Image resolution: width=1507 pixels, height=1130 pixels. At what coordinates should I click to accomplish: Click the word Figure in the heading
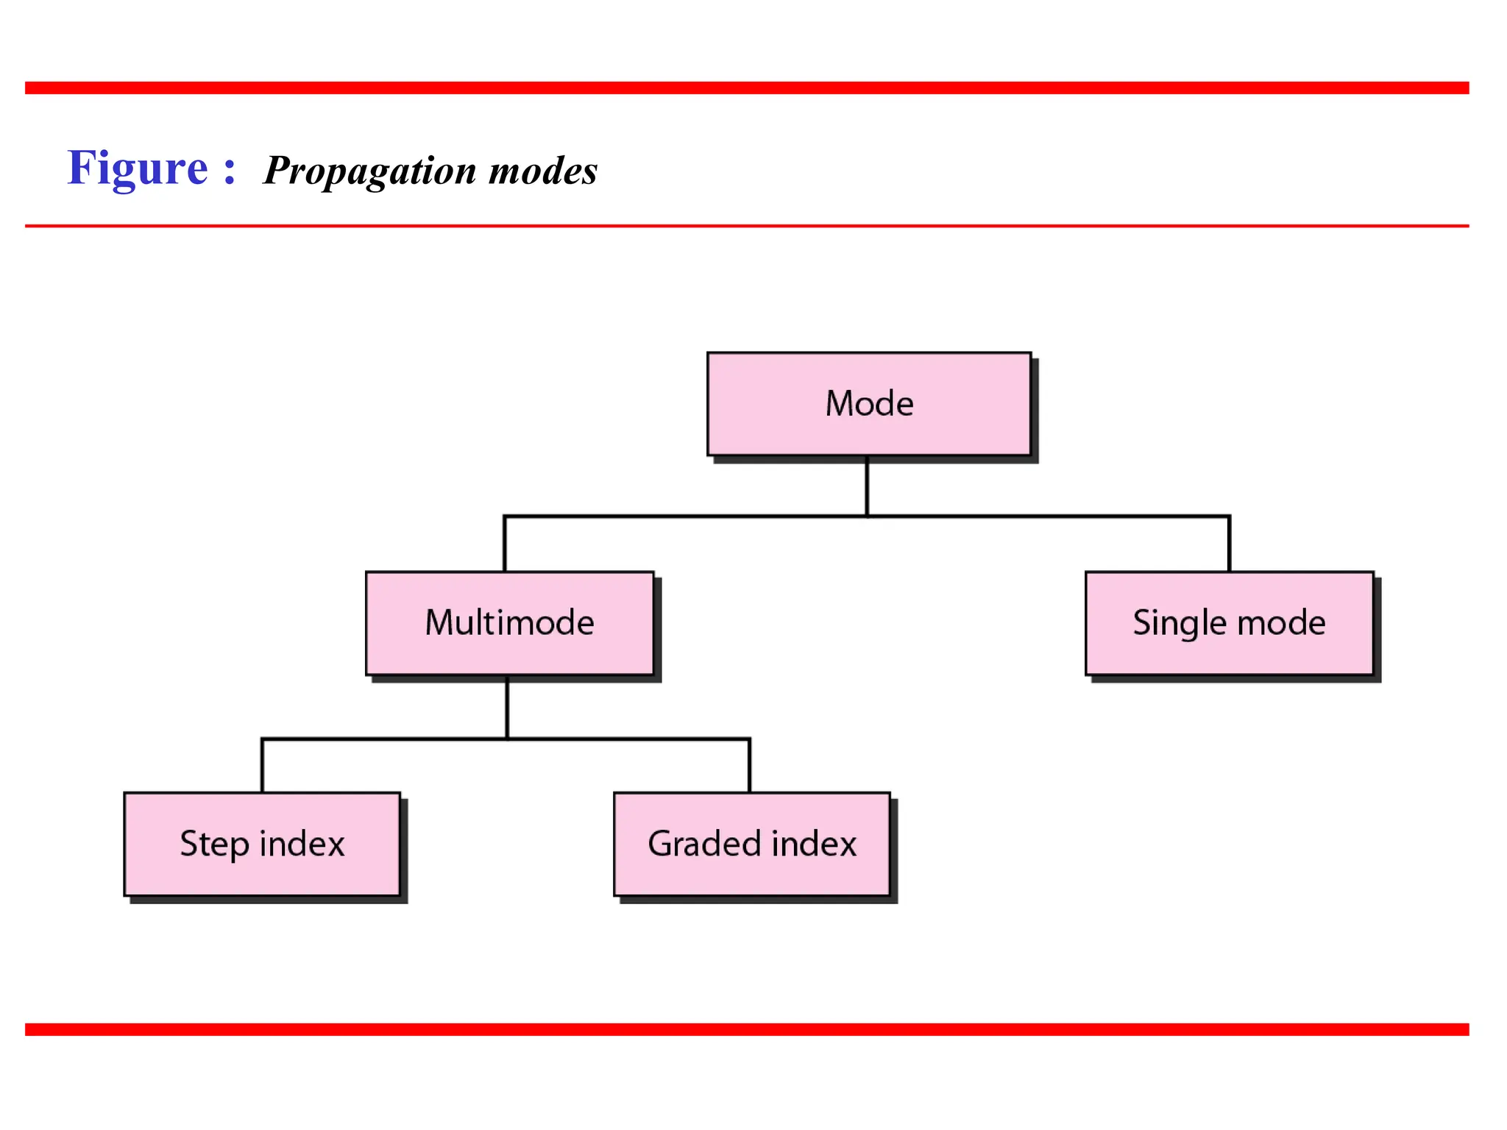tap(138, 168)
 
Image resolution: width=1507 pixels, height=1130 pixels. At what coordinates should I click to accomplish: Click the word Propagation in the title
tap(370, 171)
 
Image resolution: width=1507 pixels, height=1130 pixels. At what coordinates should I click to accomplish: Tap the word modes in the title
tap(543, 171)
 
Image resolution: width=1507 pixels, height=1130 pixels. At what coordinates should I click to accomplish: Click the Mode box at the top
tap(868, 404)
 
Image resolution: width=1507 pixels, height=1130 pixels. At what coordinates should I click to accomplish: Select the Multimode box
tap(509, 623)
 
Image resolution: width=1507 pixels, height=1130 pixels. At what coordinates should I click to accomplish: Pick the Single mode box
tap(1229, 623)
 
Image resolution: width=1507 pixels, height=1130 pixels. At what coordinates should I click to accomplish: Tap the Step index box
tap(262, 844)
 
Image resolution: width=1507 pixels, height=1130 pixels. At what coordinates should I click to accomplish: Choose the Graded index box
tap(751, 844)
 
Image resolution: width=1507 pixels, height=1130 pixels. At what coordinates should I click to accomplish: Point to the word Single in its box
tap(1180, 623)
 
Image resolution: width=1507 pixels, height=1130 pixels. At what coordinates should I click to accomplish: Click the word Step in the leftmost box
tap(214, 844)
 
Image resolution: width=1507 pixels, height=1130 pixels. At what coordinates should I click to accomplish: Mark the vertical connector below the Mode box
tap(867, 486)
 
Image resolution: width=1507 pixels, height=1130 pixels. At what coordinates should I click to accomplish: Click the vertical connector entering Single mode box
tap(1229, 544)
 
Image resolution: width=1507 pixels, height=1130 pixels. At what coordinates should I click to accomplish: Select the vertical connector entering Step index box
tap(262, 766)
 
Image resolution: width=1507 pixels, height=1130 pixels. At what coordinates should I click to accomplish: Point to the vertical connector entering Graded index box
tap(749, 766)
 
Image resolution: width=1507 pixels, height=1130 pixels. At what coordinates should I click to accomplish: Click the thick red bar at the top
tap(746, 88)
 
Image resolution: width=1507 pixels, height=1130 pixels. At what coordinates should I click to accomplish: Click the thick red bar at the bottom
tap(746, 1029)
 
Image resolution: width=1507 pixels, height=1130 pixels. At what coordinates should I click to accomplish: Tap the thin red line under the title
tap(746, 226)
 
